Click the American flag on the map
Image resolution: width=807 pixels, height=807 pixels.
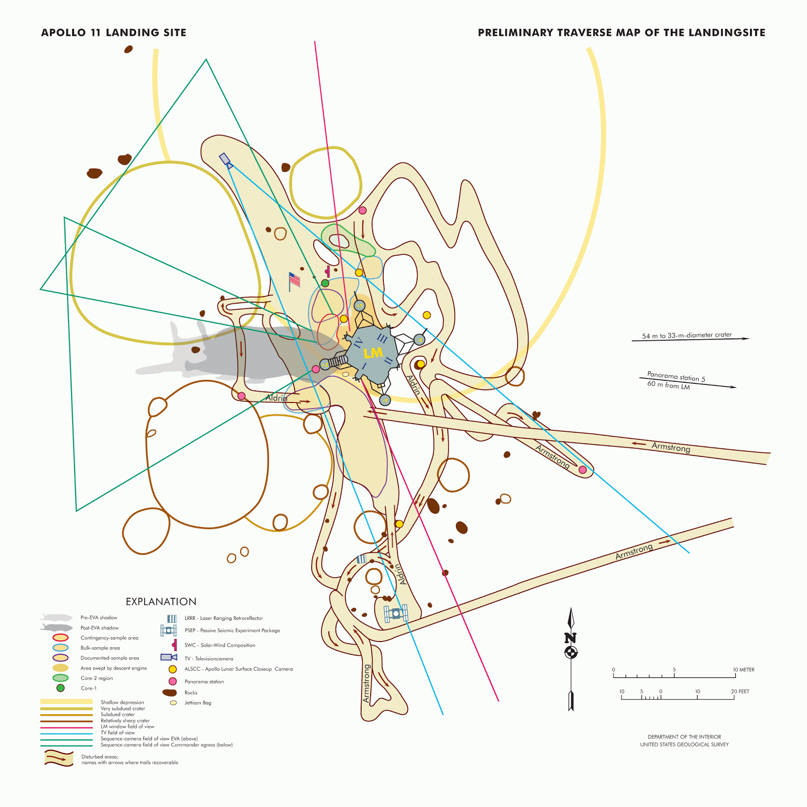click(294, 280)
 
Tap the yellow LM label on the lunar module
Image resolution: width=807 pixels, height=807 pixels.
click(373, 353)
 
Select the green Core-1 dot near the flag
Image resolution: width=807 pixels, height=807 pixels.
click(325, 283)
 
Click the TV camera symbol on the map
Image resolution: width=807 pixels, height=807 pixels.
click(225, 160)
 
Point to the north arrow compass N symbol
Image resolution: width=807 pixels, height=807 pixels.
click(570, 639)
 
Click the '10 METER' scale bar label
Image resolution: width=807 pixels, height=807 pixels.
click(743, 670)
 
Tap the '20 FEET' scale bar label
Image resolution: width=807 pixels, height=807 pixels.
click(740, 691)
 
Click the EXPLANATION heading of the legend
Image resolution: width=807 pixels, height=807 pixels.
click(161, 602)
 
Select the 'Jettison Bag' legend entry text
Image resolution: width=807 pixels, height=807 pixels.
click(198, 703)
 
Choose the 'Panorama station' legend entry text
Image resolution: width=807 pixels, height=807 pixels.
click(204, 682)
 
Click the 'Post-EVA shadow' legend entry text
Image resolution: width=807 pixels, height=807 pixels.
click(99, 628)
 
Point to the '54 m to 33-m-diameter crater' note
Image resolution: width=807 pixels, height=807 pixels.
click(686, 335)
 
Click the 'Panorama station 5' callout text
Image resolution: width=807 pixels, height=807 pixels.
click(676, 377)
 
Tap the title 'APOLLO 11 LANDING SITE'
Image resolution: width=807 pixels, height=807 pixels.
click(113, 33)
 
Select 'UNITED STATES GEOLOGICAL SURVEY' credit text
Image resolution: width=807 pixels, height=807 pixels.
click(684, 744)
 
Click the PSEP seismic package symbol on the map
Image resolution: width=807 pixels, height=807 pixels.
click(395, 614)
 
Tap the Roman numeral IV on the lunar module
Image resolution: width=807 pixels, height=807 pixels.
click(359, 343)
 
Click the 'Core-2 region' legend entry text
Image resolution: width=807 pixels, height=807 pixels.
click(96, 678)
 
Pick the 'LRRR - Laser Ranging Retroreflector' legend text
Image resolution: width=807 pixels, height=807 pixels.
click(223, 618)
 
